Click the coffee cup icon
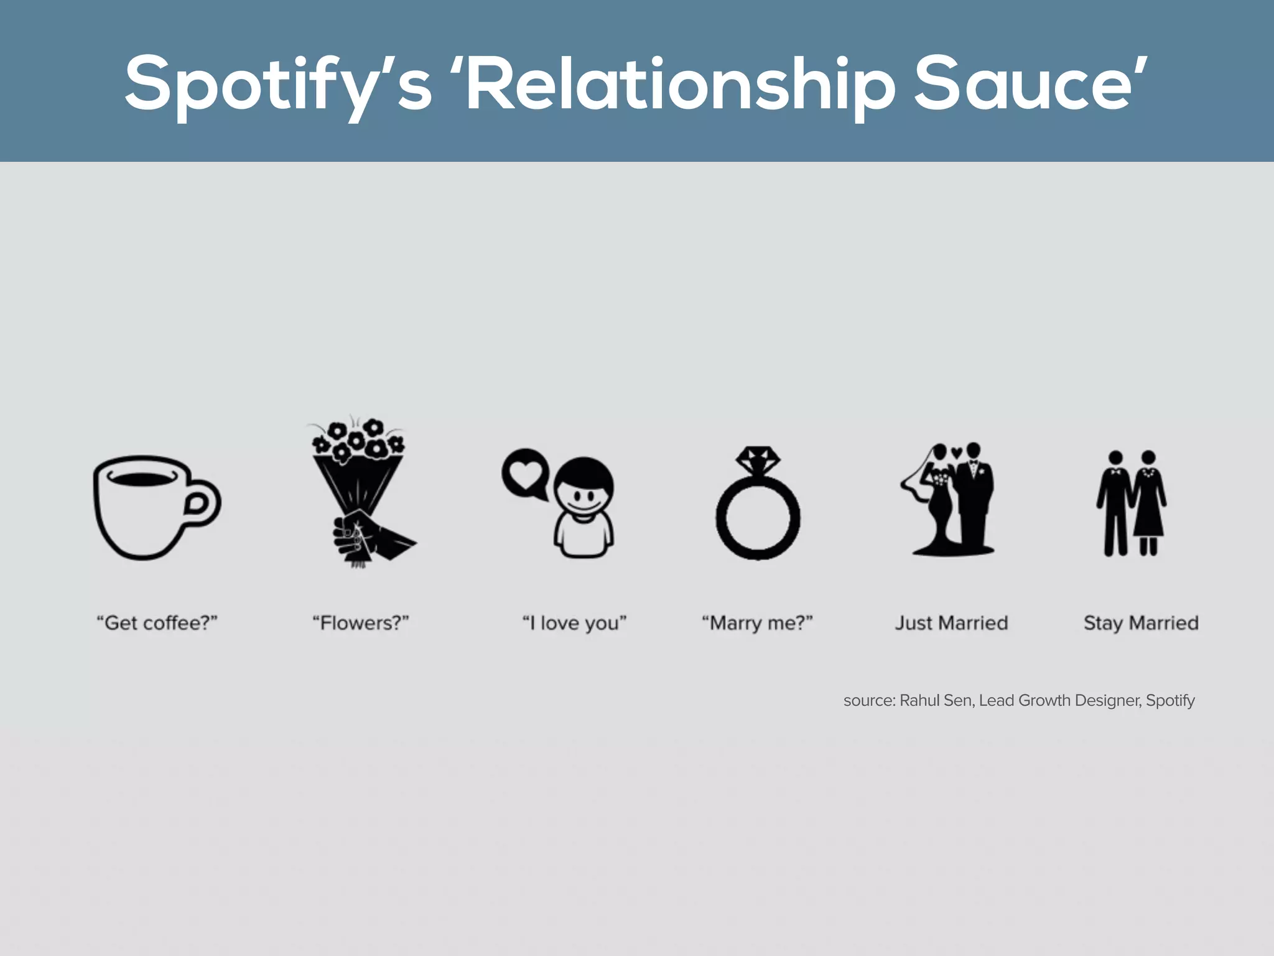pyautogui.click(x=146, y=507)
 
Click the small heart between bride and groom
pyautogui.click(x=957, y=451)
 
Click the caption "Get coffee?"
pyautogui.click(x=157, y=623)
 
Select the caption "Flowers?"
pyautogui.click(x=360, y=623)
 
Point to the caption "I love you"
pyautogui.click(x=574, y=623)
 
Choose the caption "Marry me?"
pyautogui.click(x=757, y=623)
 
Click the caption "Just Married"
pyautogui.click(x=951, y=623)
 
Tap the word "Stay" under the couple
pyautogui.click(x=1103, y=623)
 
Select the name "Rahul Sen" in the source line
pyautogui.click(x=936, y=701)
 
